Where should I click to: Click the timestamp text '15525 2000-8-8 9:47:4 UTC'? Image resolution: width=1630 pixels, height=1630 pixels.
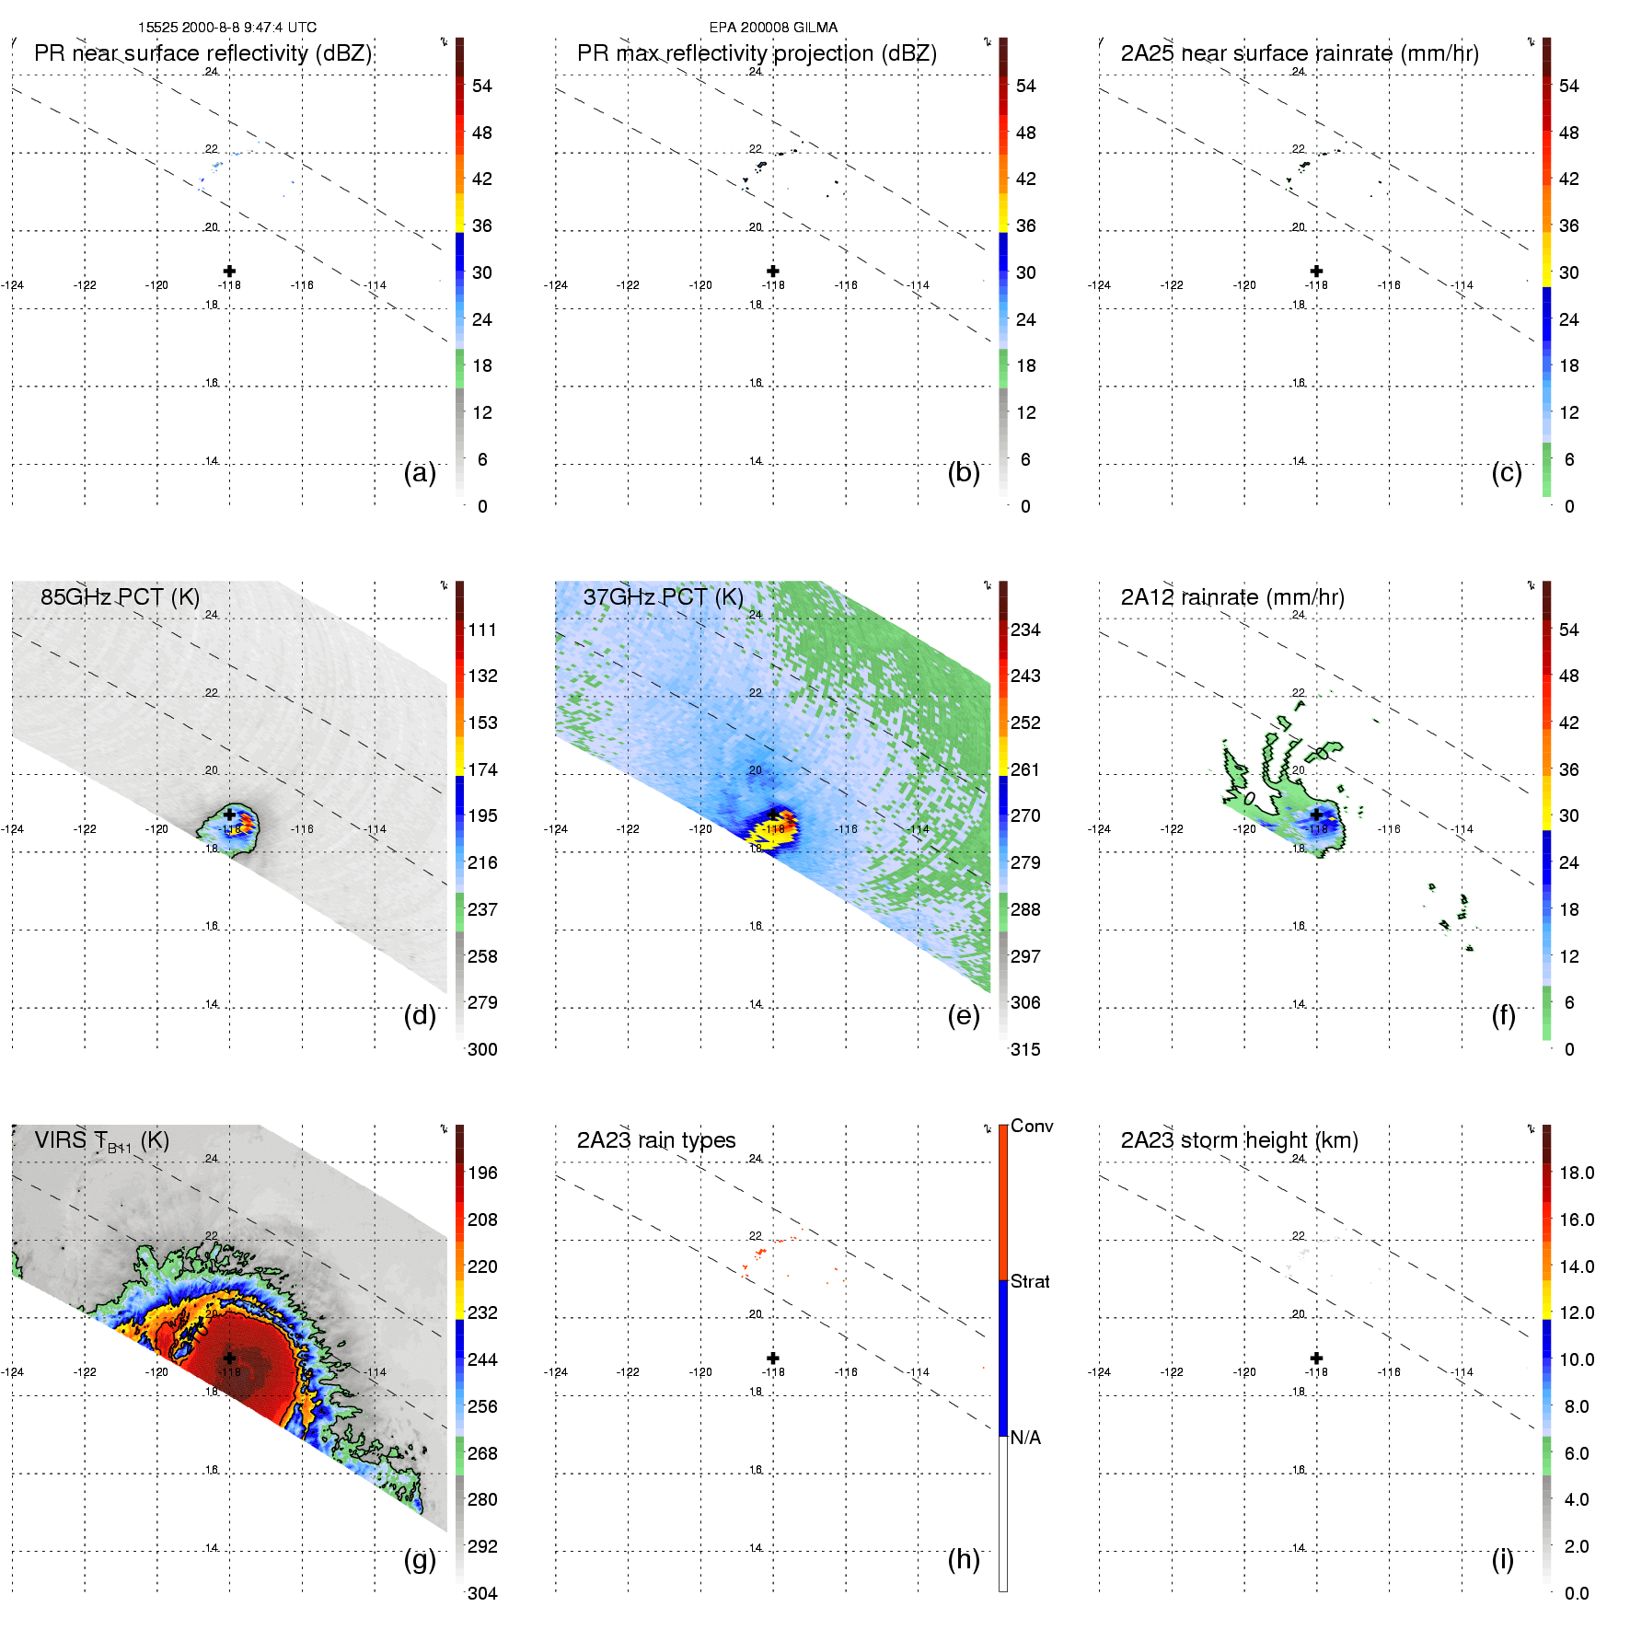click(227, 28)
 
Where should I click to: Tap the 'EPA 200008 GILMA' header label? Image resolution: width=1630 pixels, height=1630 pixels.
click(773, 28)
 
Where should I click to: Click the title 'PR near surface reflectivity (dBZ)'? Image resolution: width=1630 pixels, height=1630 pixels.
click(202, 53)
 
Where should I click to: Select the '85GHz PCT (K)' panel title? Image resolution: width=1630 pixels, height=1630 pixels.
click(120, 596)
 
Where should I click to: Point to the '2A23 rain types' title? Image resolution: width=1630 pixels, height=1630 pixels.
click(656, 1140)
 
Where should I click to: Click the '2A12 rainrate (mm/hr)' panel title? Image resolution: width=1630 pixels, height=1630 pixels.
click(1232, 596)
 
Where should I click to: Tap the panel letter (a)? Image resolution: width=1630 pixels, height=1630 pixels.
click(420, 472)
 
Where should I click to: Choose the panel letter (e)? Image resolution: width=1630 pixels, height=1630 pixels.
click(964, 1015)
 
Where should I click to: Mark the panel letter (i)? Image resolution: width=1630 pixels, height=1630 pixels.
click(1502, 1559)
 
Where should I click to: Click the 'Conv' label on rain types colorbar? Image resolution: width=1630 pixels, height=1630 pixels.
click(1032, 1126)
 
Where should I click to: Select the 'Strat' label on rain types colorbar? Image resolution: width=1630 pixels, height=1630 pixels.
click(1030, 1281)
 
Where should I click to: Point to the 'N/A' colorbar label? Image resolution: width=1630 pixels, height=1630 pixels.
click(1025, 1438)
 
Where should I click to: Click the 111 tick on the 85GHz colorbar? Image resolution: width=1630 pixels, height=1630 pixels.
click(482, 630)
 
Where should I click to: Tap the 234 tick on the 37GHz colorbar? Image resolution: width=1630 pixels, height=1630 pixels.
click(1025, 630)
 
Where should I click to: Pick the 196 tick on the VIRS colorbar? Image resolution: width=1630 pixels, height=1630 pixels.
click(482, 1173)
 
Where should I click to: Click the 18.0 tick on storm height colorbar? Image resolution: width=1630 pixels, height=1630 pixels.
click(1577, 1173)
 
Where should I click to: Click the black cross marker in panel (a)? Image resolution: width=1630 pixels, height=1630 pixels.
click(229, 271)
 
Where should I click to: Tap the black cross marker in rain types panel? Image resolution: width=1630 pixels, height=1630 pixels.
click(773, 1358)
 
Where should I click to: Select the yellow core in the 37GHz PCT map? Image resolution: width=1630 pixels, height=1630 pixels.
click(767, 834)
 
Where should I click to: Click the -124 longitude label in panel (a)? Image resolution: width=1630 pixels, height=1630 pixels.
click(13, 285)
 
